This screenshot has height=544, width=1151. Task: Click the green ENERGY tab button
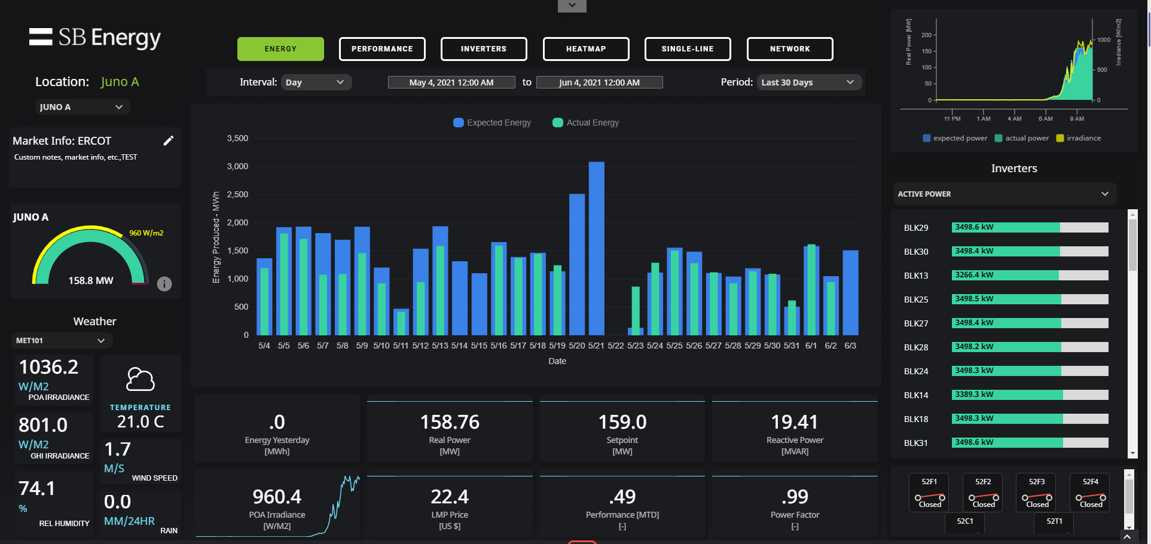280,49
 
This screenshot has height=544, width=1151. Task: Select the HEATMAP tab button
585,49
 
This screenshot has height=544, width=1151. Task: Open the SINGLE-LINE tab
687,49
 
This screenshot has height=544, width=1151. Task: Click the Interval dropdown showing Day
315,82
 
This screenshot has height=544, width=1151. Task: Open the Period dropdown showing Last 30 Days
808,82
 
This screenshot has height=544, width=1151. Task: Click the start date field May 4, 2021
451,82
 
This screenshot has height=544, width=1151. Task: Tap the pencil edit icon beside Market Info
169,140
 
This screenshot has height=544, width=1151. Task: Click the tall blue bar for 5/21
596,248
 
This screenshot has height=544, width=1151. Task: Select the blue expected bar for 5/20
576,263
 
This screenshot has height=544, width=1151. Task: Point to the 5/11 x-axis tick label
401,346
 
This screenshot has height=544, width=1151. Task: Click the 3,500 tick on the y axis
237,138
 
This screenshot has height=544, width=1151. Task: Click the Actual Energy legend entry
586,123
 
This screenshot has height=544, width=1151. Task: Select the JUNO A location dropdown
82,107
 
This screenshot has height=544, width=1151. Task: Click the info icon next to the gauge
164,284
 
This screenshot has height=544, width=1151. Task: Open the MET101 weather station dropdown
61,341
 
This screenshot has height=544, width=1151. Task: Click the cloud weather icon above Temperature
141,380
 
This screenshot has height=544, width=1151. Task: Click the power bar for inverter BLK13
1030,276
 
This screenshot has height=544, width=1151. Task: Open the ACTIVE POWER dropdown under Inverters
1003,194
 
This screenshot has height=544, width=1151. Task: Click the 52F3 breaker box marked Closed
1037,493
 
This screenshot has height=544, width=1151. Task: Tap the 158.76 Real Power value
450,422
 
